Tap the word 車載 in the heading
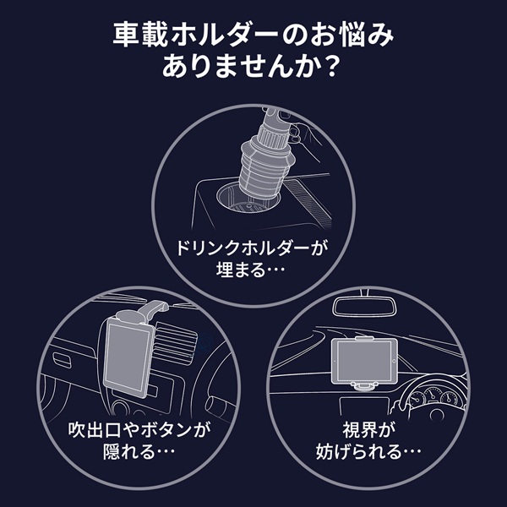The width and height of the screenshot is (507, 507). tap(140, 35)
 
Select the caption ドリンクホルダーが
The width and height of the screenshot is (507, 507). tap(252, 248)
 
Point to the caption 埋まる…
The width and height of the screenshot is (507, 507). tap(251, 270)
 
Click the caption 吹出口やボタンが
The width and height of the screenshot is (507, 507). tap(139, 430)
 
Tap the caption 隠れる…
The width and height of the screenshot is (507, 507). tap(139, 451)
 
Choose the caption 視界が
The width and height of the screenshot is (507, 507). tap(369, 430)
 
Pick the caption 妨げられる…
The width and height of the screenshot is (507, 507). tap(368, 451)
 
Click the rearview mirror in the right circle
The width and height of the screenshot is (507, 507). tap(364, 307)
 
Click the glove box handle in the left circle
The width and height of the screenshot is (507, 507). tap(62, 360)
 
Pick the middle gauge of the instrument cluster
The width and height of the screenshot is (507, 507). tap(433, 395)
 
